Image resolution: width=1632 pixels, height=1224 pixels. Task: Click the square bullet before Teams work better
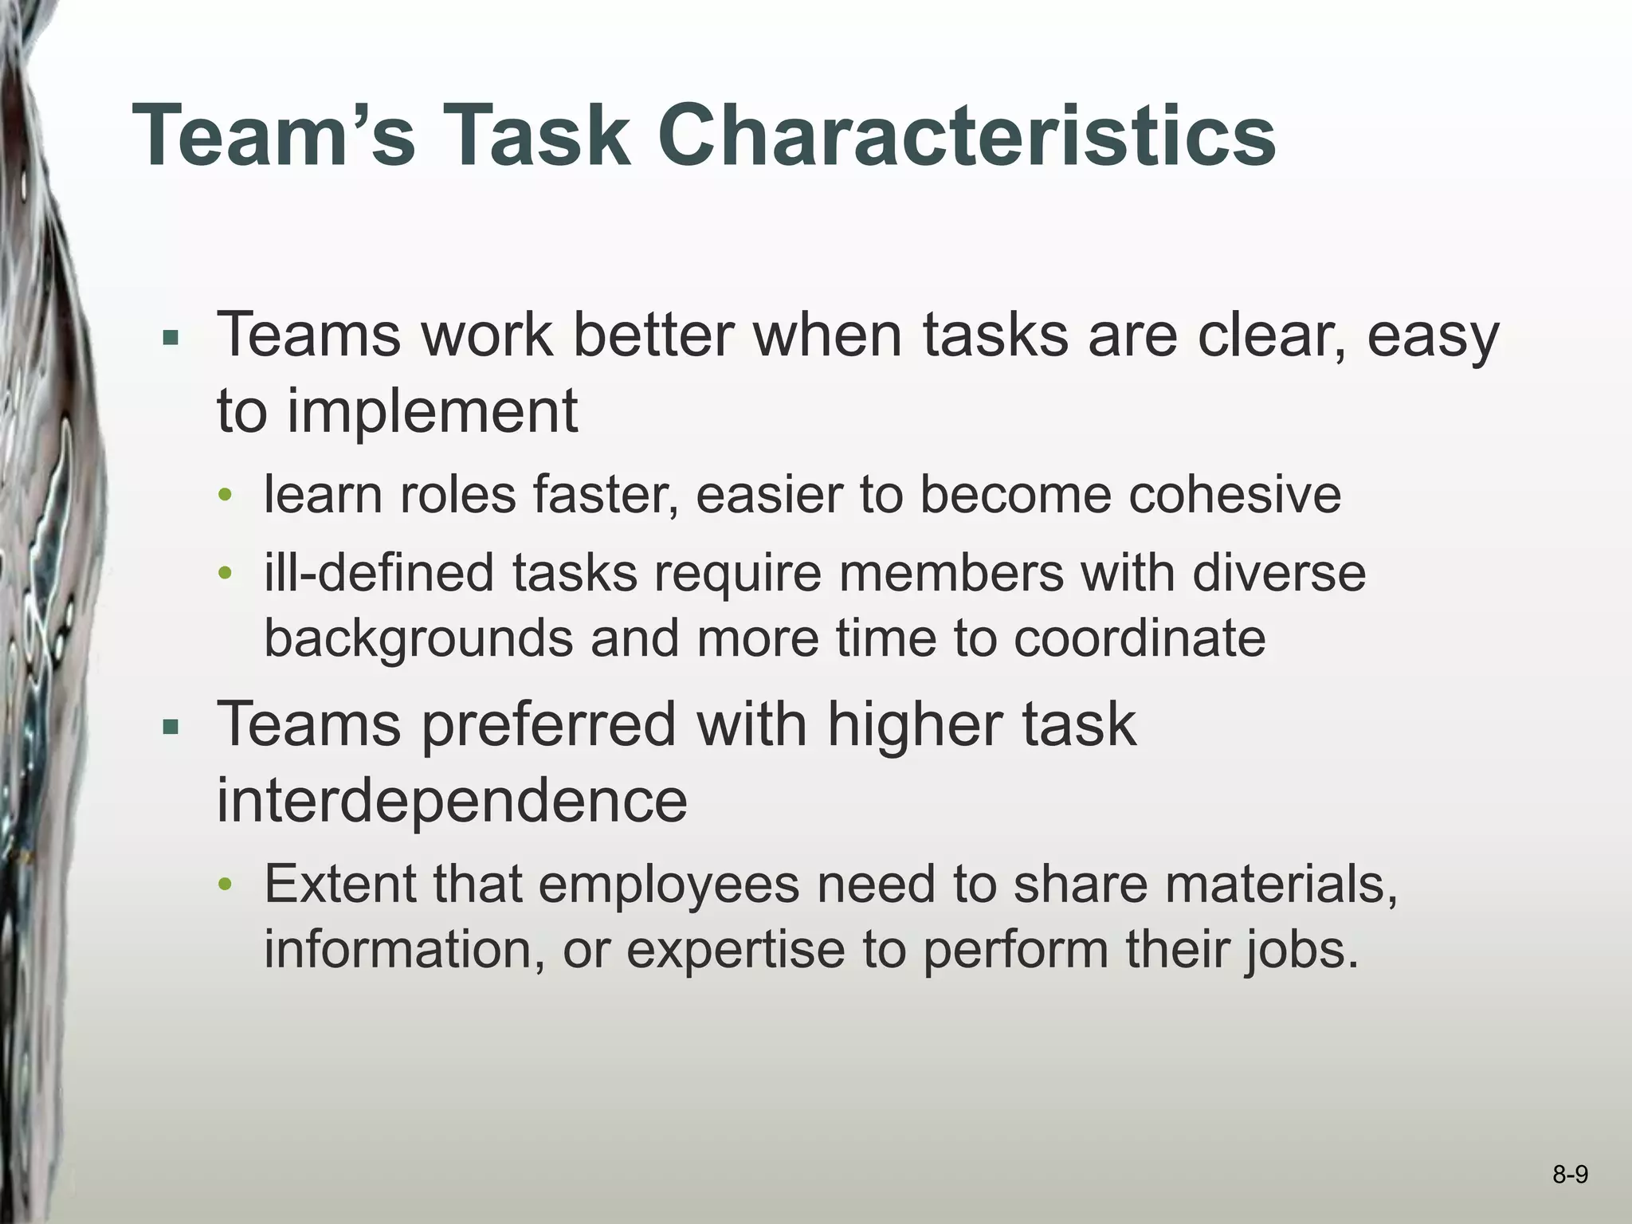click(170, 338)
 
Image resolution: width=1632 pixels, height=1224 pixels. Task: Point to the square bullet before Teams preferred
click(170, 728)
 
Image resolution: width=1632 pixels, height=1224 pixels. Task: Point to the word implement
click(433, 412)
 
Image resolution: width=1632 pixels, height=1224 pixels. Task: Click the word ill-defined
click(379, 573)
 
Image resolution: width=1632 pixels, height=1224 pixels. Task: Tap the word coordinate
click(1139, 638)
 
